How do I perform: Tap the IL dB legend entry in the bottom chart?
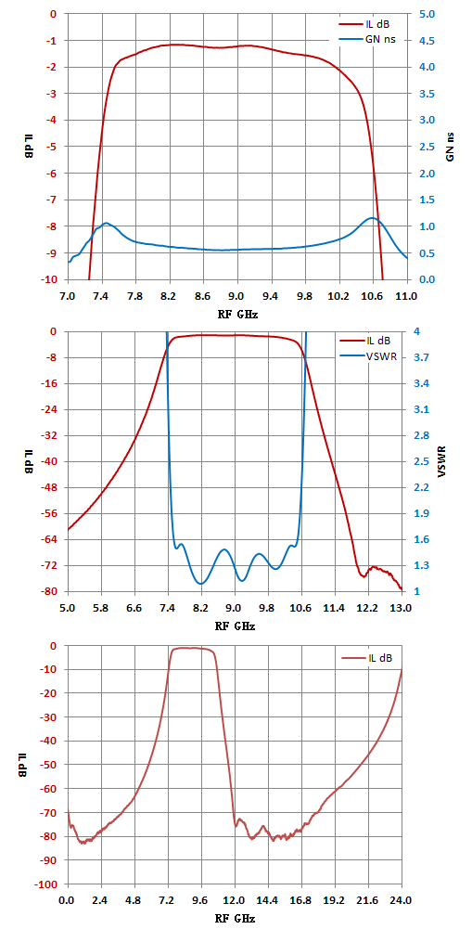click(x=366, y=658)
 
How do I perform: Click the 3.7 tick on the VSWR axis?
click(x=424, y=358)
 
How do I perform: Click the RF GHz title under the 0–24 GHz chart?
click(x=235, y=919)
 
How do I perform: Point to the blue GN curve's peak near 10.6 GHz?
click(x=373, y=218)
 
